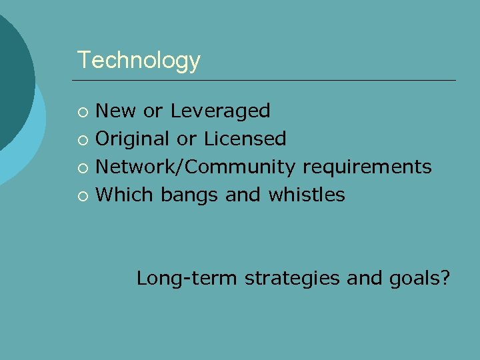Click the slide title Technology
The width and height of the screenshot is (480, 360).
pos(139,61)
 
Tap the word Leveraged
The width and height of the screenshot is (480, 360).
pos(220,111)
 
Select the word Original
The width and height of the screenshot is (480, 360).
pos(133,139)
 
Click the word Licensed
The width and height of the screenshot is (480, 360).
pos(245,139)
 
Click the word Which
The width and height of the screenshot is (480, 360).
pos(124,195)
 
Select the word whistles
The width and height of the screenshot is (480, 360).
pos(307,195)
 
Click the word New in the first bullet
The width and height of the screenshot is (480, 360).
pos(115,111)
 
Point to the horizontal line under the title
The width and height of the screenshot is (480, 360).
pos(267,81)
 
